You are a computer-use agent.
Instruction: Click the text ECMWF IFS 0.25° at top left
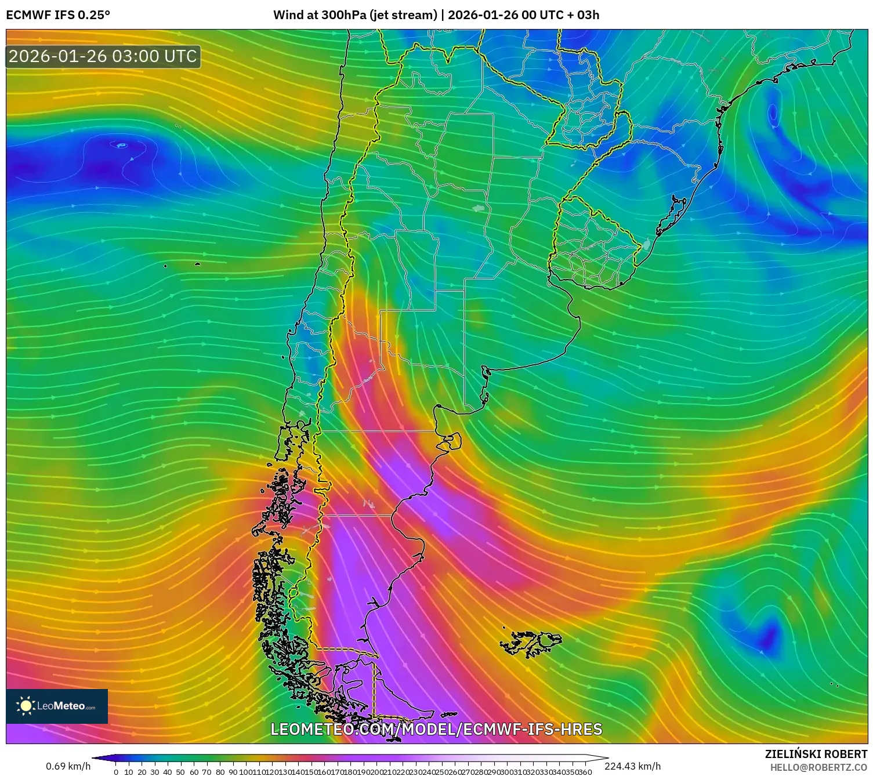pyautogui.click(x=58, y=15)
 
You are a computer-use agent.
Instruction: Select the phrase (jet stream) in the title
pyautogui.click(x=404, y=15)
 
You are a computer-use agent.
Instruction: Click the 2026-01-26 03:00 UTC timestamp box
pyautogui.click(x=103, y=57)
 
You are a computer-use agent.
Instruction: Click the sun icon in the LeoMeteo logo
pyautogui.click(x=26, y=706)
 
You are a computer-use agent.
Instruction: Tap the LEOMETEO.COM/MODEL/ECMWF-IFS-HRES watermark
pyautogui.click(x=436, y=729)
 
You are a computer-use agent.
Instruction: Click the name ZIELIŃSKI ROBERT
pyautogui.click(x=816, y=755)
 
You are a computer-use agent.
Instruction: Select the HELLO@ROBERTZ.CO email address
pyautogui.click(x=818, y=767)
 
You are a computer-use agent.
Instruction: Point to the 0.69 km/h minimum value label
pyautogui.click(x=68, y=766)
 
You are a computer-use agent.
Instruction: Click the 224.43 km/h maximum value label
pyautogui.click(x=632, y=766)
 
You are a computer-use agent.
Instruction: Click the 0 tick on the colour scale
pyautogui.click(x=116, y=772)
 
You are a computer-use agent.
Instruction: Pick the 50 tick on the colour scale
pyautogui.click(x=180, y=772)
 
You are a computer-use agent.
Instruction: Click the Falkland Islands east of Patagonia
pyautogui.click(x=533, y=642)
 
